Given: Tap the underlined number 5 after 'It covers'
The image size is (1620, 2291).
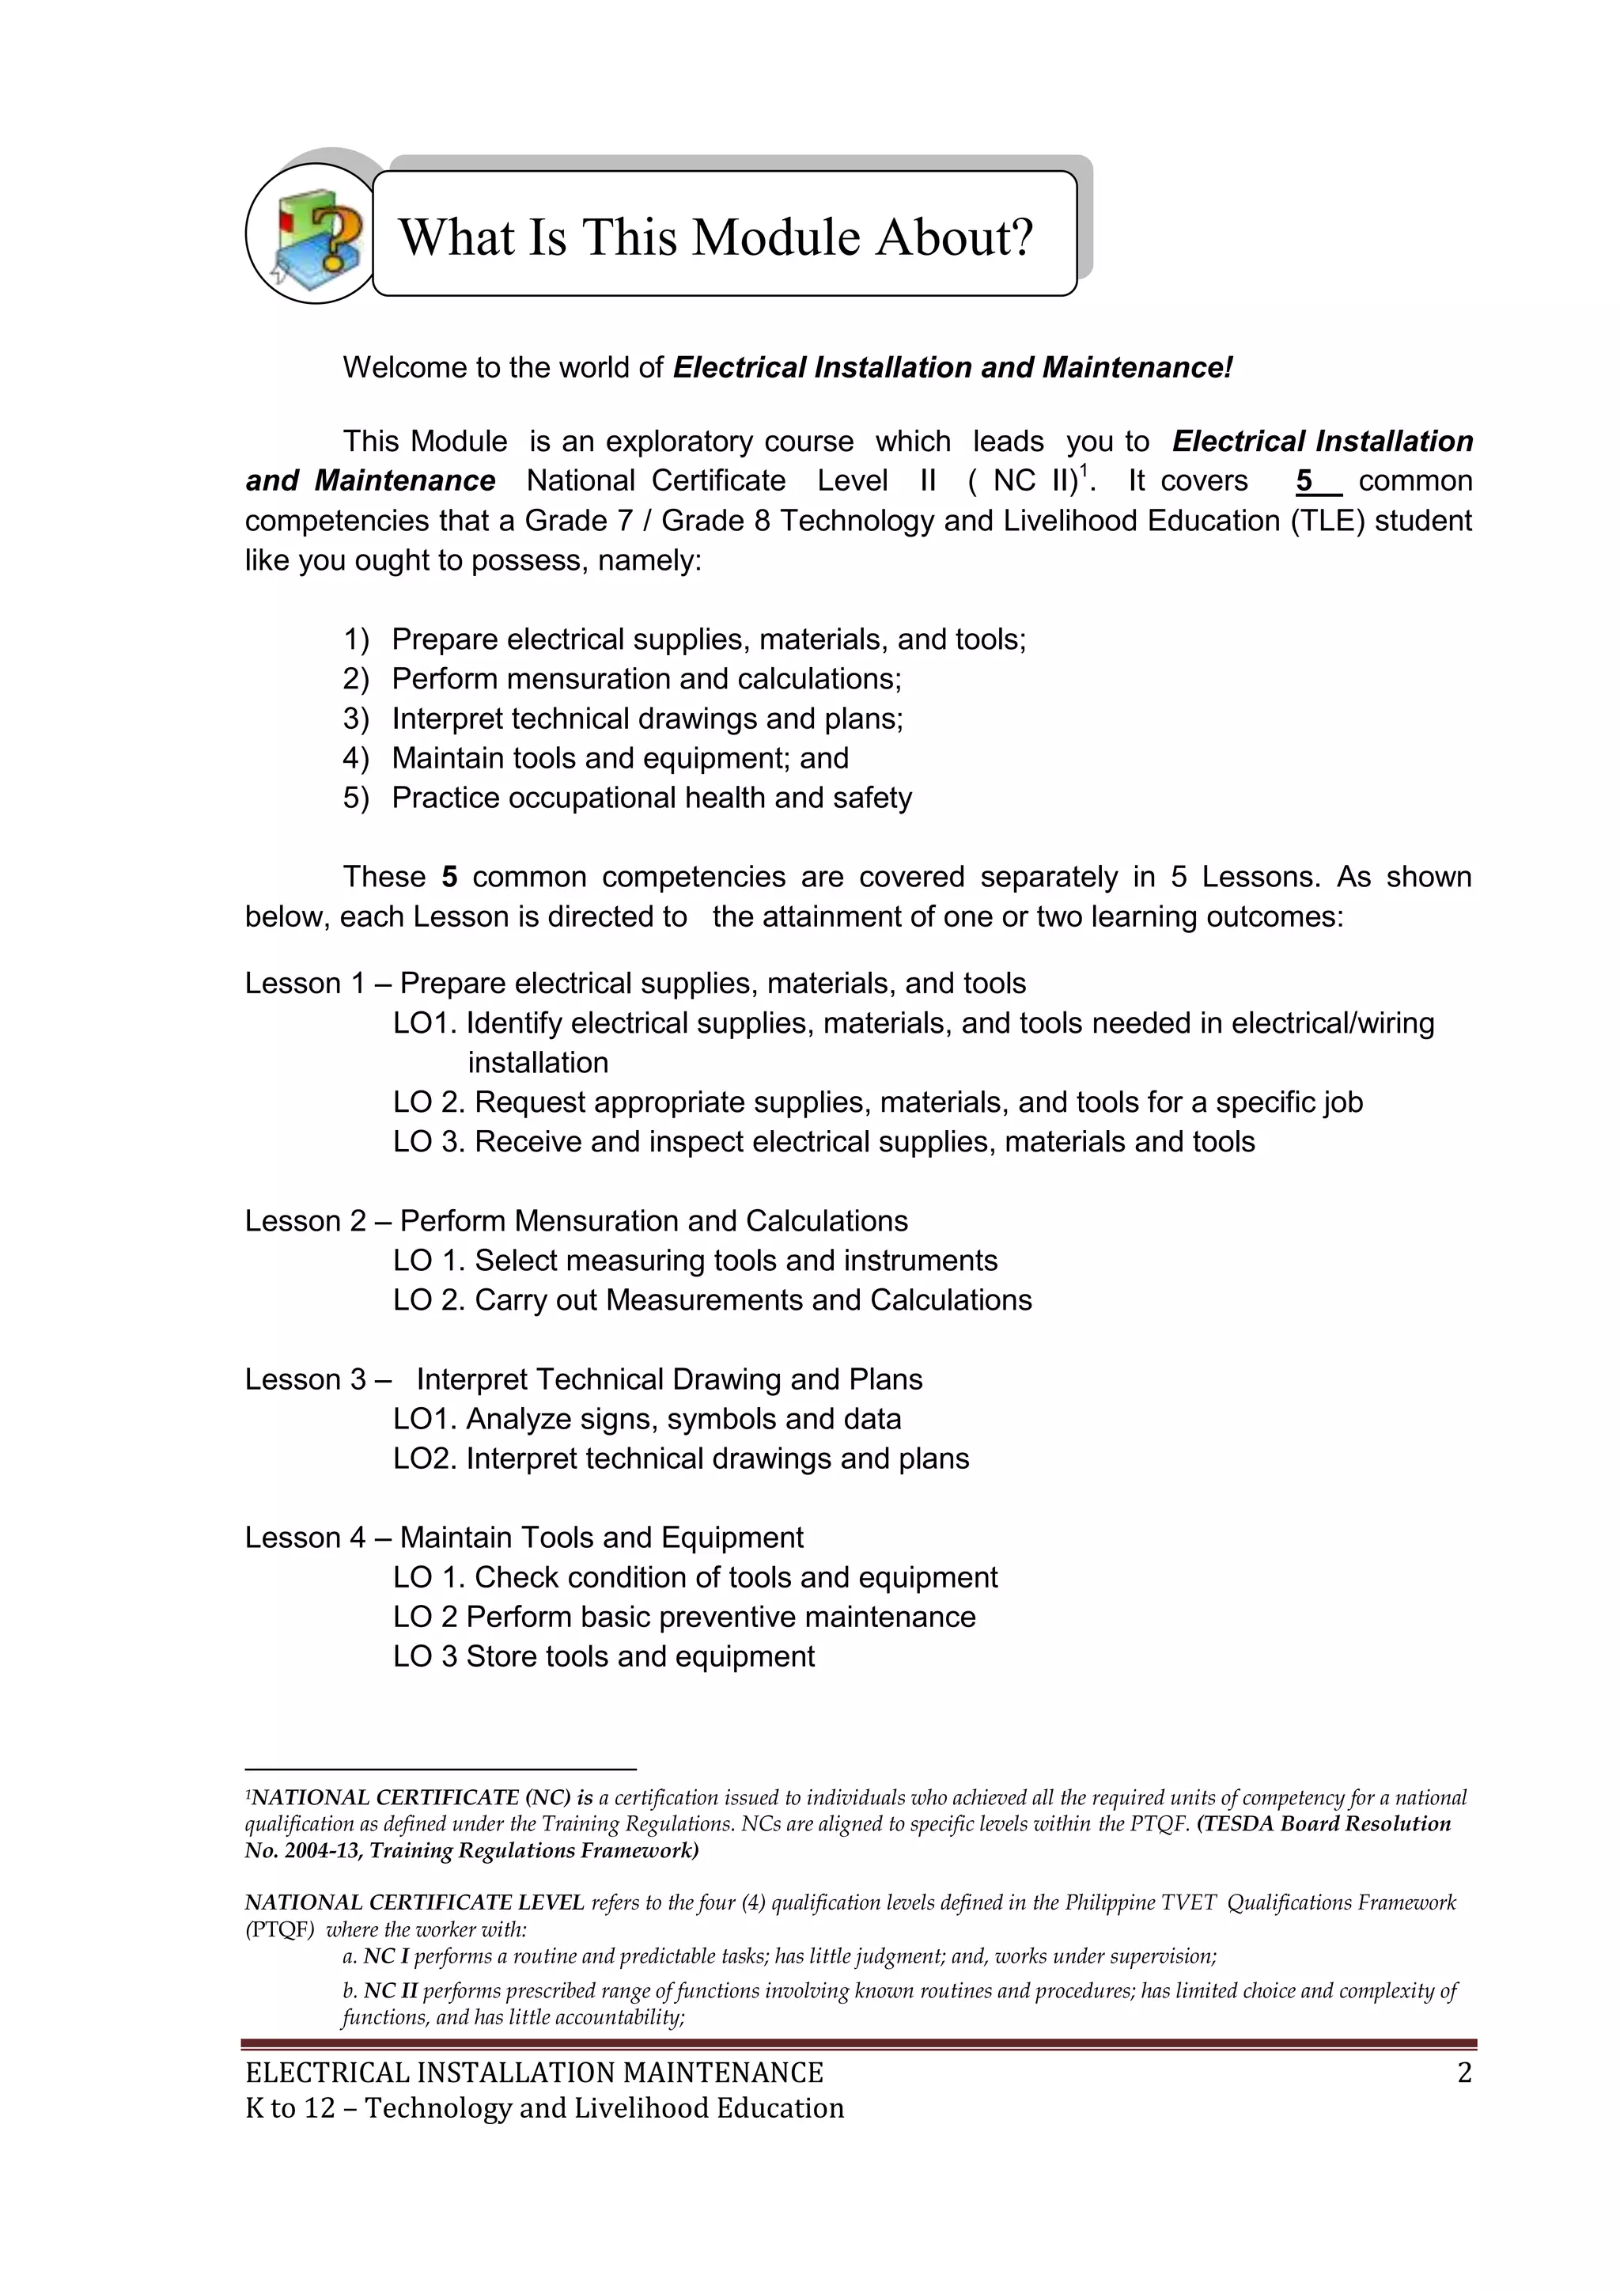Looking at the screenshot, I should click(x=1304, y=481).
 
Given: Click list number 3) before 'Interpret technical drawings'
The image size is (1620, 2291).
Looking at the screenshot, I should click(x=355, y=719).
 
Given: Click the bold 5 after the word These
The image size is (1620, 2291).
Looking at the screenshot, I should click(x=450, y=877).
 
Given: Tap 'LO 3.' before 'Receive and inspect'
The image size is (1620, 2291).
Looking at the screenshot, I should click(x=429, y=1141).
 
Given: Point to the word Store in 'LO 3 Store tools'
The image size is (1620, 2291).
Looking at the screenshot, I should click(x=505, y=1656).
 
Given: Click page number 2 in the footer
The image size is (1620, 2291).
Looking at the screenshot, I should click(x=1463, y=2073).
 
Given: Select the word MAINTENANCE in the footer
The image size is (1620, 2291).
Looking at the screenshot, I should click(x=723, y=2073).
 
